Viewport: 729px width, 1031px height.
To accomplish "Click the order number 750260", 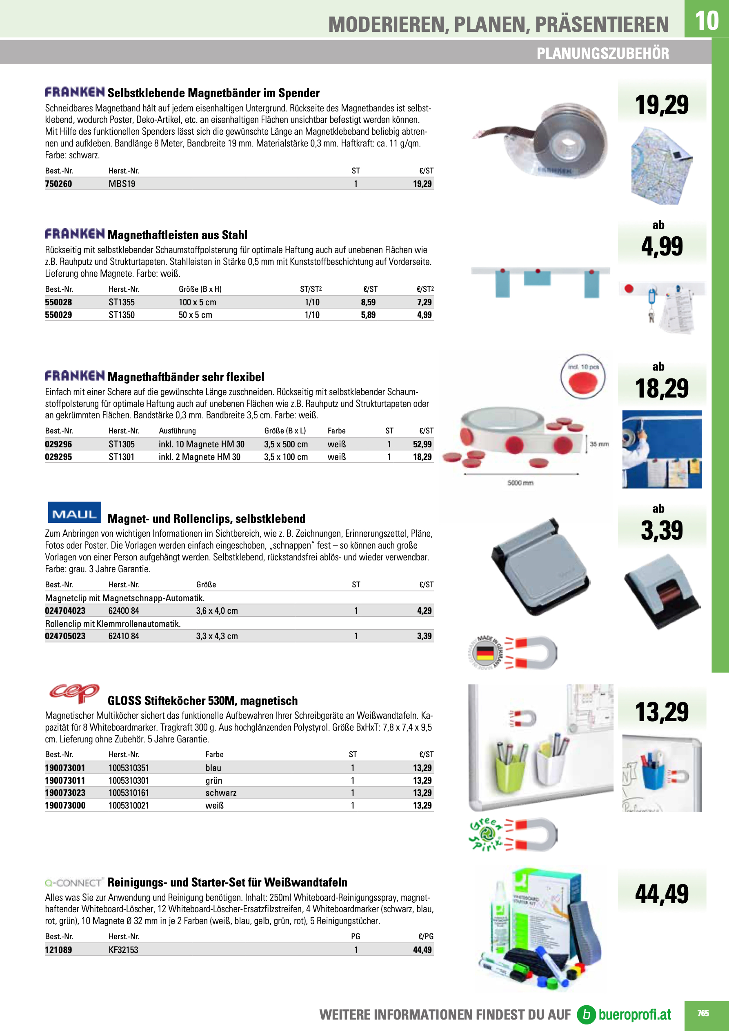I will tap(58, 184).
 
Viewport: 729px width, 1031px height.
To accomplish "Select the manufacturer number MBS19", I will tap(122, 184).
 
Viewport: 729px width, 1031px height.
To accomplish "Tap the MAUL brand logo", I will tap(75, 513).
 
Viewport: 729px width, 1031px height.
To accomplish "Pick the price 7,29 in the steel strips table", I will tap(424, 302).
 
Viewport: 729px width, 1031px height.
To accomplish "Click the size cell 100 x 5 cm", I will tap(197, 302).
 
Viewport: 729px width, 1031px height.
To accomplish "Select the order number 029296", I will tap(58, 444).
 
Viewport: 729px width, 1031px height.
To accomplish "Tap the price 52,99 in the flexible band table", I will tap(422, 444).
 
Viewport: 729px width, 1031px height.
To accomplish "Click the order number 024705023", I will tap(65, 636).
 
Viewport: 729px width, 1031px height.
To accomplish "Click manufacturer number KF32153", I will tap(124, 950).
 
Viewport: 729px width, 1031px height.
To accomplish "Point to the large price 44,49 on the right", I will tap(662, 893).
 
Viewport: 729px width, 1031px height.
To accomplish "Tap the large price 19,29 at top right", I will tap(662, 104).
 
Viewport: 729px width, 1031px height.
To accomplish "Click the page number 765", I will tap(703, 1013).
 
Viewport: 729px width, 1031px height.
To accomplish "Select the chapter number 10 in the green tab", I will tap(707, 20).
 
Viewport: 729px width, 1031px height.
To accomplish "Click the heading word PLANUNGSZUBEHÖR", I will tap(602, 53).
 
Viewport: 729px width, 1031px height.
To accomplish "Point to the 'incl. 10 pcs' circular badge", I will tap(583, 377).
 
